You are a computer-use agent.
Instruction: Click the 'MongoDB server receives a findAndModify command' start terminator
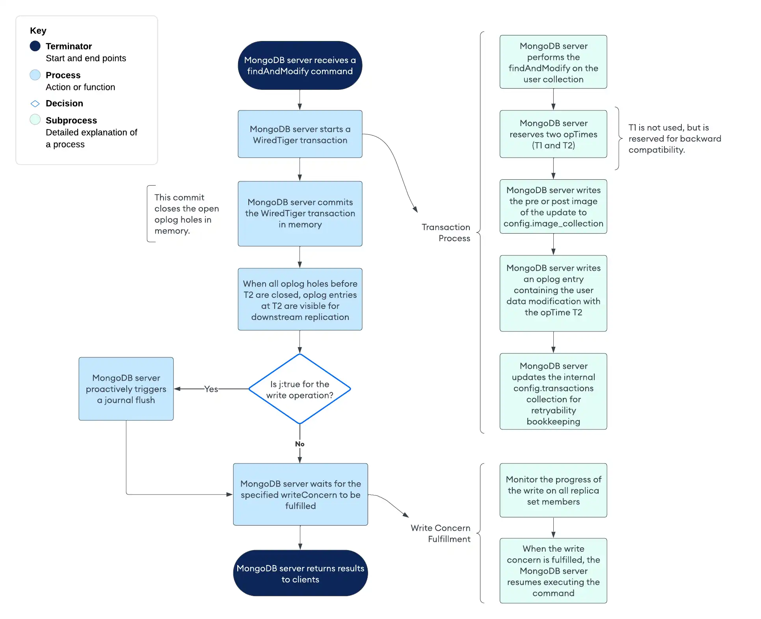click(x=300, y=65)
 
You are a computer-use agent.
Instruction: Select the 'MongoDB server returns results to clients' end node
click(x=300, y=573)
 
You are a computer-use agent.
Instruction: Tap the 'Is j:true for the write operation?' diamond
click(x=300, y=389)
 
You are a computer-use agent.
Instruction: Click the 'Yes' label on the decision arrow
click(x=211, y=389)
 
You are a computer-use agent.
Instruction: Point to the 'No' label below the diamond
click(x=300, y=444)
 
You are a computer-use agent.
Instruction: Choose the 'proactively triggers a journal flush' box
click(x=126, y=389)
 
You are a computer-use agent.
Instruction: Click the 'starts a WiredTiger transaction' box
click(x=300, y=134)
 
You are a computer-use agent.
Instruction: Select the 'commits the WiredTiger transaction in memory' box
click(x=300, y=214)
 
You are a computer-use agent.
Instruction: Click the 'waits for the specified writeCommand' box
click(x=300, y=494)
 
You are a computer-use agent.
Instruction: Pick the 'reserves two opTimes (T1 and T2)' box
click(x=553, y=134)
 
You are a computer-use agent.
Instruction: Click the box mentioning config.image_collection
click(x=553, y=207)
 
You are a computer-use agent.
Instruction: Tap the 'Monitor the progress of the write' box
click(x=553, y=491)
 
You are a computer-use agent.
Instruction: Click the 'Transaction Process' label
click(x=446, y=232)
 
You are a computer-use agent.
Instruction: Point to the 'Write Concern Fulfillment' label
click(x=441, y=533)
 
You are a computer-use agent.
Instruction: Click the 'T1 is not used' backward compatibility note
click(x=674, y=139)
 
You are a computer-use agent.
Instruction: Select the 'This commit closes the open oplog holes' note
click(x=186, y=214)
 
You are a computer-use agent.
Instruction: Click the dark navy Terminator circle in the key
click(x=35, y=46)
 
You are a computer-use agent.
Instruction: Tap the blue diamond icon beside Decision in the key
click(x=35, y=104)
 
